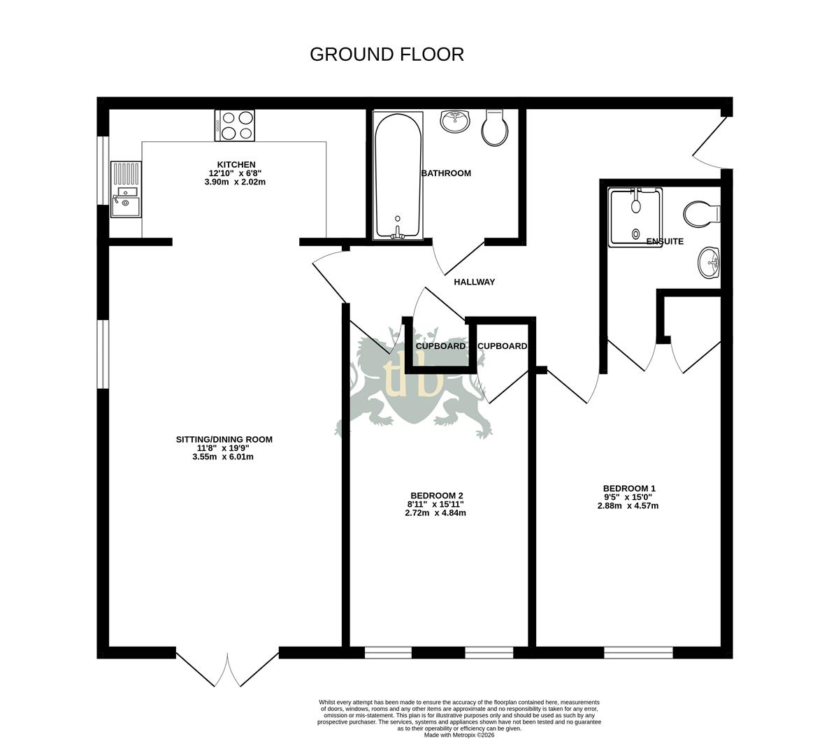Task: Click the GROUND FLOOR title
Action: coord(387,55)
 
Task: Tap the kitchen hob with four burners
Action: coord(235,126)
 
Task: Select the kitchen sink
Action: coord(126,190)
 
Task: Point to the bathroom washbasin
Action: coord(455,121)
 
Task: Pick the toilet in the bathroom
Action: coord(495,127)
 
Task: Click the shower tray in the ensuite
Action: coord(635,217)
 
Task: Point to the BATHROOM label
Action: coord(446,173)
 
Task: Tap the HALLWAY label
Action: coord(474,282)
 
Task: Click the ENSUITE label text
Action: coord(665,242)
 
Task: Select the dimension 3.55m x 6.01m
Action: coord(223,457)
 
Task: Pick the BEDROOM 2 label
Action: coord(436,494)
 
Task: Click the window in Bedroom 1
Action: coord(638,653)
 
